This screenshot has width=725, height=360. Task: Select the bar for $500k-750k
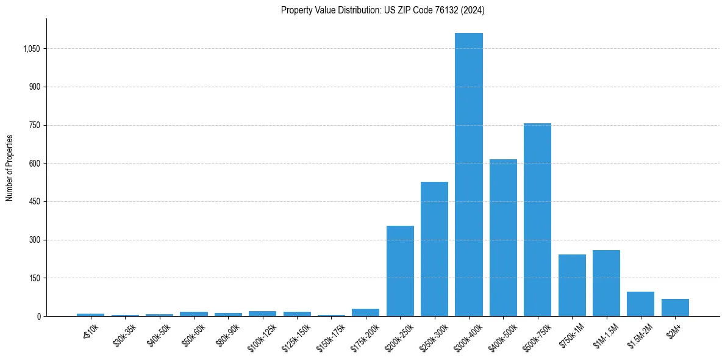pos(537,220)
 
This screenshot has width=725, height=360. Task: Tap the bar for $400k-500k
pos(503,238)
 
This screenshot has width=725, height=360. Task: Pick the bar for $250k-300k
pos(434,249)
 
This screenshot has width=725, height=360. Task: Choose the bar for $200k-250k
pos(400,271)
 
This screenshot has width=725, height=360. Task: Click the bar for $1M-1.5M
pos(606,283)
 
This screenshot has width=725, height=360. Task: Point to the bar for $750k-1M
pos(572,286)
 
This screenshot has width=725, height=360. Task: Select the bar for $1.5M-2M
pos(640,304)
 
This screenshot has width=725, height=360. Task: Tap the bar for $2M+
pos(675,308)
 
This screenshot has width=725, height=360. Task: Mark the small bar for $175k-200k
pos(365,312)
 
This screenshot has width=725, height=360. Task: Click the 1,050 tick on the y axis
pos(31,49)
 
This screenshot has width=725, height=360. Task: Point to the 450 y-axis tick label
pos(34,202)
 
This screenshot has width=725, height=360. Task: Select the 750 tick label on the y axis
pos(34,125)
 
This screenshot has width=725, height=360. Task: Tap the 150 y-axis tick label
pos(34,278)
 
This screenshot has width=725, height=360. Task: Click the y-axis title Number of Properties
pos(10,168)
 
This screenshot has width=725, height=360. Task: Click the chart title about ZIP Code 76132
pos(382,10)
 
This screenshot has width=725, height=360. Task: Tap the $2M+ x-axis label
pos(674,329)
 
